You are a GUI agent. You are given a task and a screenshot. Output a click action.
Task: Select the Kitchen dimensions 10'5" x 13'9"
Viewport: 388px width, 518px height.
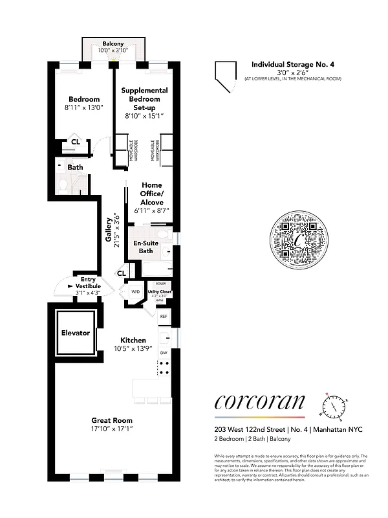click(133, 349)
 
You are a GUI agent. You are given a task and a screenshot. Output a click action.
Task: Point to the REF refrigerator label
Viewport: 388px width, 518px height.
click(164, 317)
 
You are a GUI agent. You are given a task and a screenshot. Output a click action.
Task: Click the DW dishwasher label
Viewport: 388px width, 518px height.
click(164, 352)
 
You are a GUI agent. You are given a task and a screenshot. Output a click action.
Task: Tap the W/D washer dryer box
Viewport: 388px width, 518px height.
click(136, 292)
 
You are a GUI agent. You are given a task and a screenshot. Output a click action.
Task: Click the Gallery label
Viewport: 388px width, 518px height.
click(109, 231)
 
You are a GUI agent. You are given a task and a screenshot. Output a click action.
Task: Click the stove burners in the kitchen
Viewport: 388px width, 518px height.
click(164, 368)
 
